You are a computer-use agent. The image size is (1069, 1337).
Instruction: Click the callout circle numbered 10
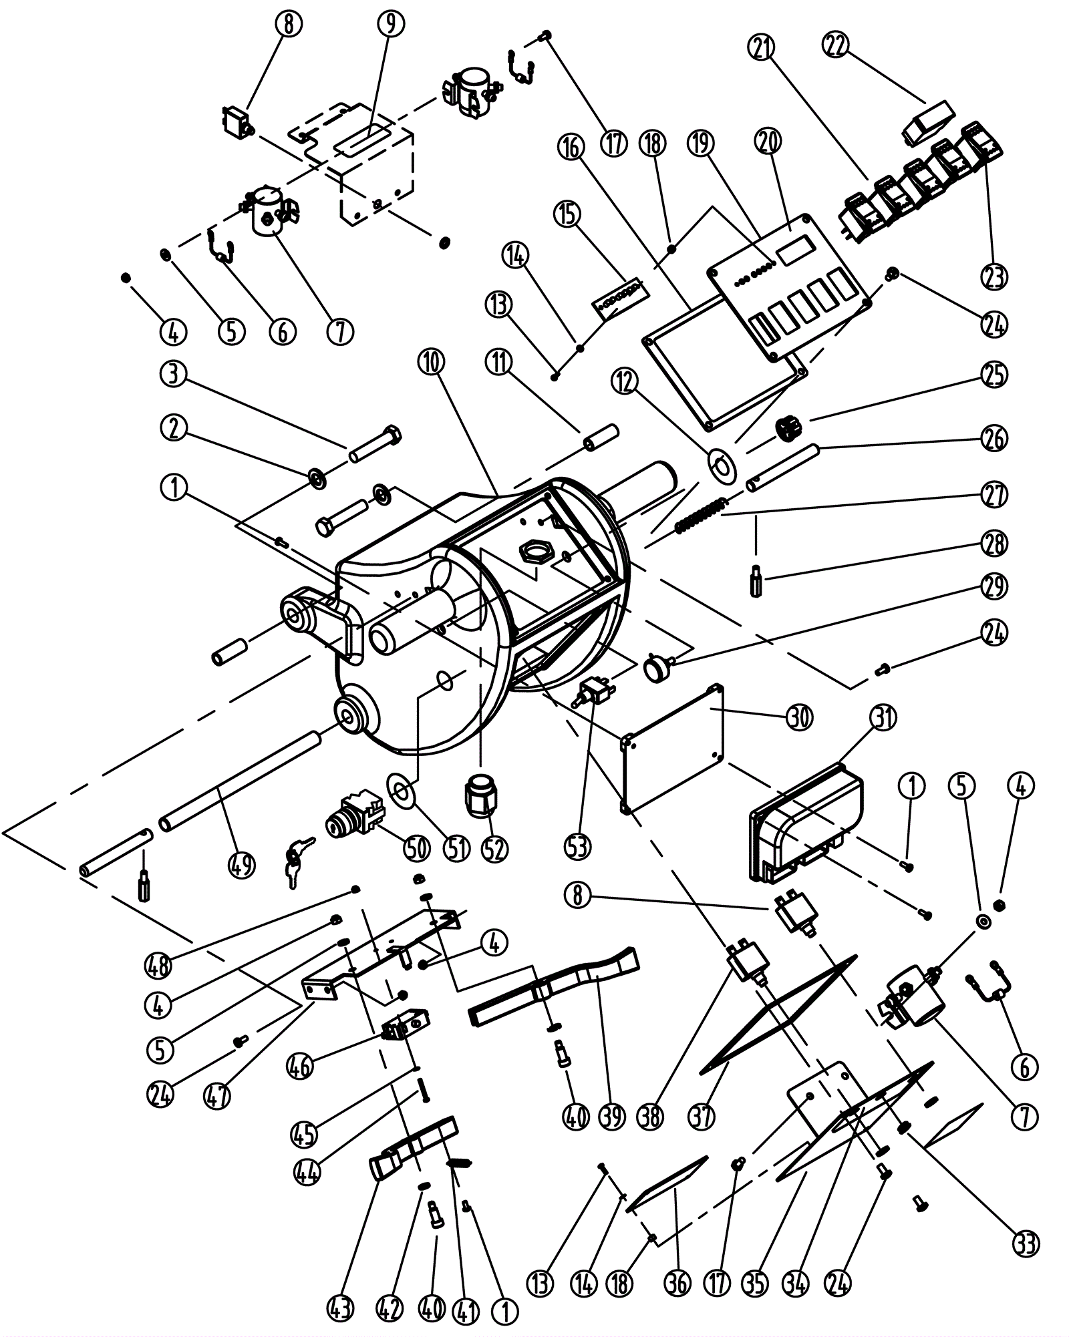tap(432, 362)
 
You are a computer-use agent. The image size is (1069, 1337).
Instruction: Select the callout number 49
tap(242, 866)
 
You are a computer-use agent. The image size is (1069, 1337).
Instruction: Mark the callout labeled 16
tap(573, 147)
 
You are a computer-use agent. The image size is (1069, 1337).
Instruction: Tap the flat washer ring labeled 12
tap(721, 463)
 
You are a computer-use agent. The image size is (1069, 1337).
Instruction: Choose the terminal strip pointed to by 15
tap(620, 296)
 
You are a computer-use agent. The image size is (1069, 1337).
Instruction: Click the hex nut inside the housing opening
tap(534, 552)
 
